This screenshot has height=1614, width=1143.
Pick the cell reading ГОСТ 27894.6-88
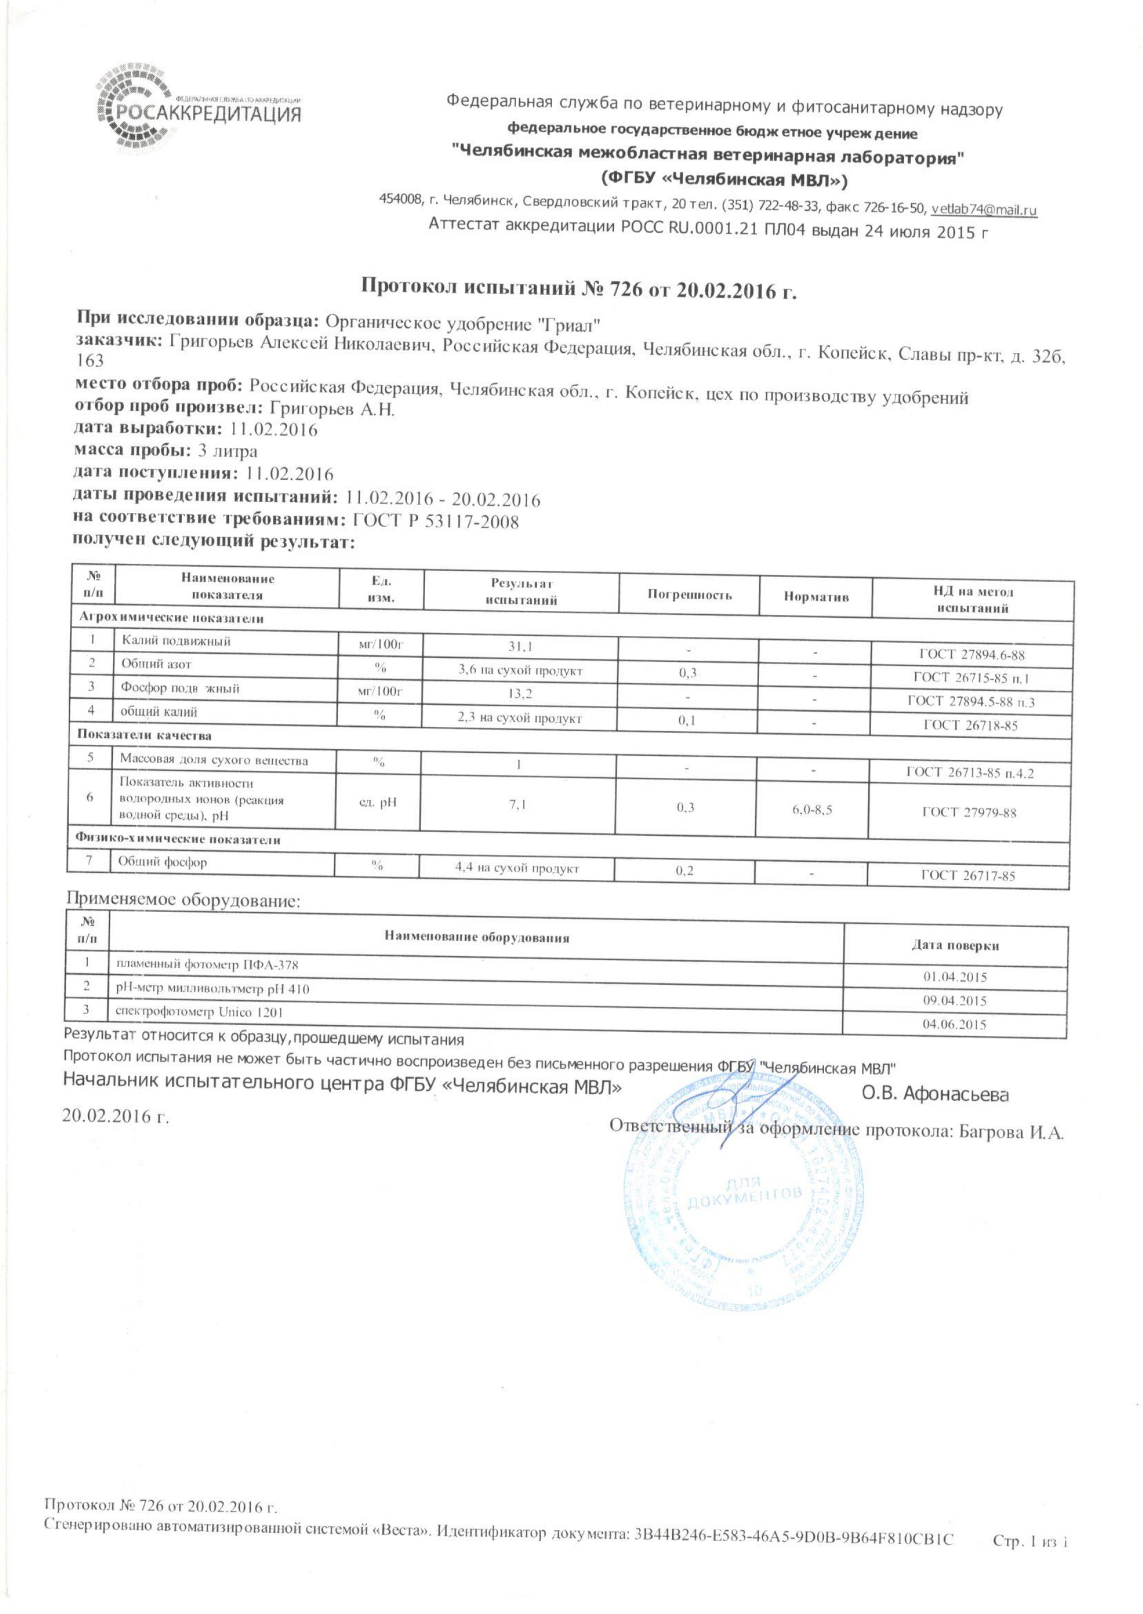972,655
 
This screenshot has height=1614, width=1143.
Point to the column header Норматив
816,597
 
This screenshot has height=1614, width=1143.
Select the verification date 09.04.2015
954,1000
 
